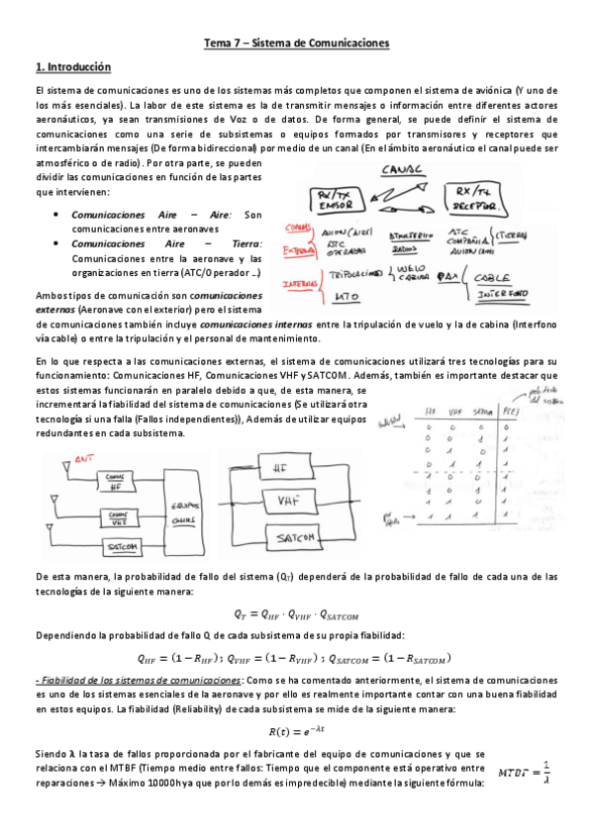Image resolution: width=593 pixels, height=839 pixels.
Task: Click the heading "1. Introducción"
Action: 72,67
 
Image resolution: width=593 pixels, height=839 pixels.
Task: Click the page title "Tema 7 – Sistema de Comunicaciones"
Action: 296,44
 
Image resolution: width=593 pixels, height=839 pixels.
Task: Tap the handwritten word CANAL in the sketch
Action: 402,169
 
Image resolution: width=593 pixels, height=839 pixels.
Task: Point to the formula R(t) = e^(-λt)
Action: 296,731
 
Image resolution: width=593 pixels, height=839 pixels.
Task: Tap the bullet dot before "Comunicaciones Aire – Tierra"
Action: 58,243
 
